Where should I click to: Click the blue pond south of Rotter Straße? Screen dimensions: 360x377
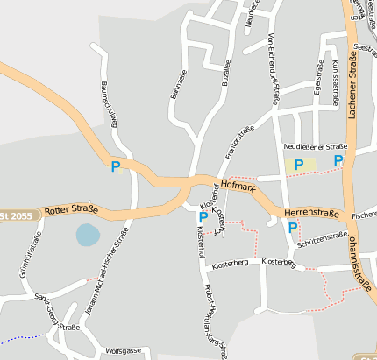(x=88, y=234)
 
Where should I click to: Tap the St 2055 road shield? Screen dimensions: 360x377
(x=16, y=215)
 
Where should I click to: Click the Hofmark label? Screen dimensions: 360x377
(x=238, y=187)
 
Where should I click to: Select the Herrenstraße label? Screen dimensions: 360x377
(x=311, y=213)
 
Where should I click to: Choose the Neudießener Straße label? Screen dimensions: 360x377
(x=316, y=146)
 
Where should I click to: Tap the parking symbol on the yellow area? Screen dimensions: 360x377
(x=299, y=164)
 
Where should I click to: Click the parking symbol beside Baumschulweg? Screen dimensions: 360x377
(x=115, y=166)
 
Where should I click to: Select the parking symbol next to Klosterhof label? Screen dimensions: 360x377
(x=203, y=216)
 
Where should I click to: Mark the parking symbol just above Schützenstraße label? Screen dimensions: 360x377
(x=293, y=228)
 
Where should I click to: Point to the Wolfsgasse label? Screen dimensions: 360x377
(x=123, y=350)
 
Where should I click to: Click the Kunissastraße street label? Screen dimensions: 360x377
(x=335, y=84)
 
